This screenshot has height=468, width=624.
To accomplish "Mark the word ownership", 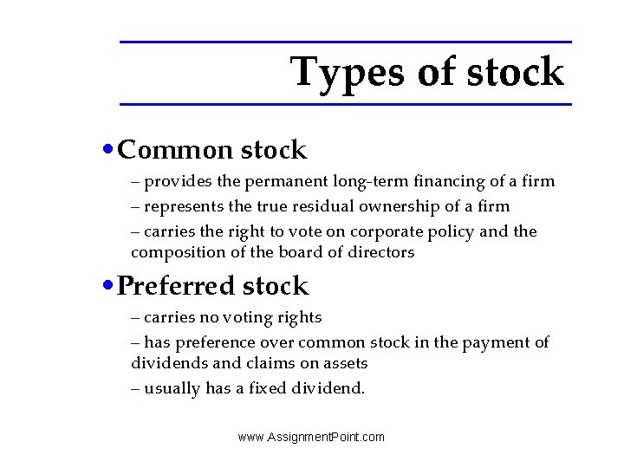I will [385, 206].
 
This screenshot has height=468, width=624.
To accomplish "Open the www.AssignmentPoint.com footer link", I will [311, 437].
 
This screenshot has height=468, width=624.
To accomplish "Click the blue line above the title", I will [346, 42].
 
